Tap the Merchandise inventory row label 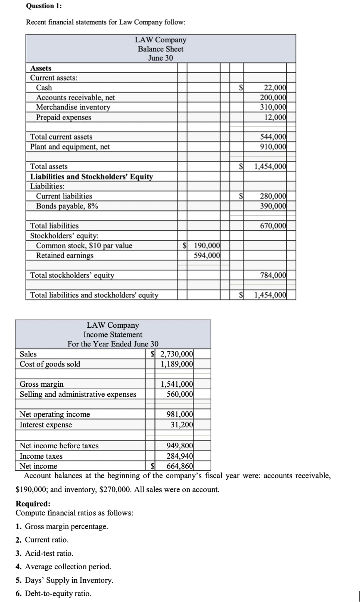[73, 107]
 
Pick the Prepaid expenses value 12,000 [275, 117]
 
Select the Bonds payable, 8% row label [67, 206]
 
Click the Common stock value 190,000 [207, 246]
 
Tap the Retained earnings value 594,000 [207, 256]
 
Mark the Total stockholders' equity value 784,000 [273, 275]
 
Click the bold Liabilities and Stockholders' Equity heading [91, 177]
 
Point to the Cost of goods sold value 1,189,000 [177, 364]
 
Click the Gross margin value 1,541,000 [177, 384]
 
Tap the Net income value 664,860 [180, 466]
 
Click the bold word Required [32, 504]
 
